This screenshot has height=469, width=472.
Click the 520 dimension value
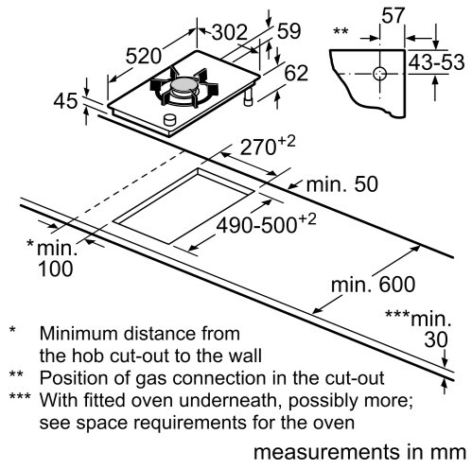(x=144, y=57)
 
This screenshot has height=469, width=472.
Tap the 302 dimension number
(x=230, y=32)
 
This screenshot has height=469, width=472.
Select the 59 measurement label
(x=288, y=31)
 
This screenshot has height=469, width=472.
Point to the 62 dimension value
(x=296, y=73)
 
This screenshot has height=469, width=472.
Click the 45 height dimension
(x=65, y=101)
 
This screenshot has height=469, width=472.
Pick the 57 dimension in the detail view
(x=393, y=15)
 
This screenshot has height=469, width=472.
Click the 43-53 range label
(x=437, y=62)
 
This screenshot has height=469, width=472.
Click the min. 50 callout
(x=342, y=184)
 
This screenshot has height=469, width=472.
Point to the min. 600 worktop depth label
(x=373, y=285)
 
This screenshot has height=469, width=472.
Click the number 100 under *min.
(x=56, y=269)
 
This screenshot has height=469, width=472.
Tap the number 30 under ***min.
(x=436, y=339)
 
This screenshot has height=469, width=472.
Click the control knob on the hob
(x=169, y=120)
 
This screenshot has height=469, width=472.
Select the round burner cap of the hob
(x=183, y=85)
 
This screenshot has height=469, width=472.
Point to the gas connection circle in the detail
(x=379, y=74)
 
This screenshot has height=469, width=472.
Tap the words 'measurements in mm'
(x=359, y=453)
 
